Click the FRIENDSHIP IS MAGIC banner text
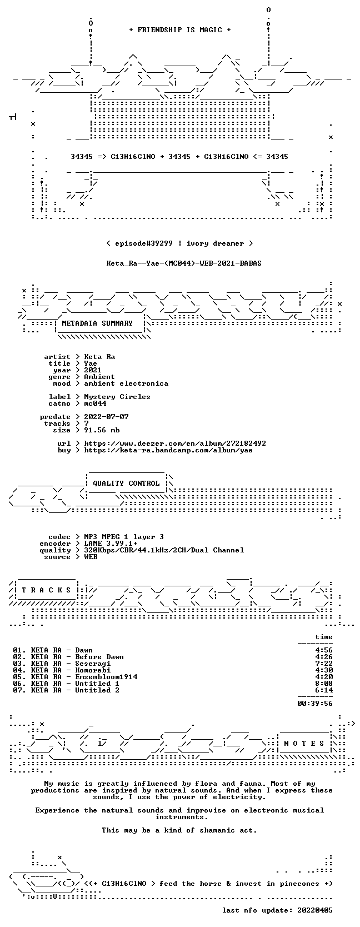tap(180, 30)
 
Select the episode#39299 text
tap(143, 243)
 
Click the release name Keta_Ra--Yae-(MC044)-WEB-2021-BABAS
tap(184, 263)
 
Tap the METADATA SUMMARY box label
tap(97, 323)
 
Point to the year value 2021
tap(93, 370)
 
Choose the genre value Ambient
tap(99, 377)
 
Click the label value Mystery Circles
tap(117, 397)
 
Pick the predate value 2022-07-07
tap(106, 417)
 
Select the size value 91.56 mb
tap(102, 430)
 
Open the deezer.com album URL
tap(175, 443)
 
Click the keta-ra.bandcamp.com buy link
tap(168, 450)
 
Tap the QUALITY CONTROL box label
tap(126, 484)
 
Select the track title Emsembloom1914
tap(106, 676)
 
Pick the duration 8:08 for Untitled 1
tap(323, 683)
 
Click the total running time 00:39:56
tap(315, 703)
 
